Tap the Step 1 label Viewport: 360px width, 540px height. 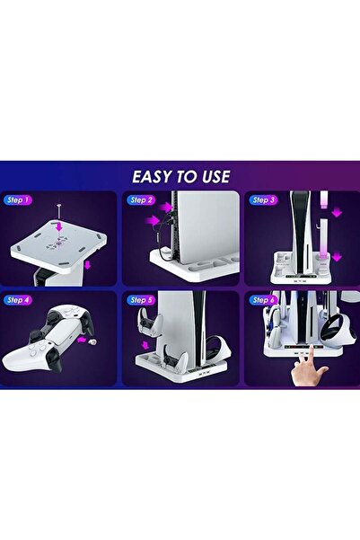click(x=17, y=199)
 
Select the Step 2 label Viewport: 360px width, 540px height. click(x=141, y=199)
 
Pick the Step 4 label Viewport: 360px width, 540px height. click(x=17, y=299)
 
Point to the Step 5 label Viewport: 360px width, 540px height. click(x=141, y=299)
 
